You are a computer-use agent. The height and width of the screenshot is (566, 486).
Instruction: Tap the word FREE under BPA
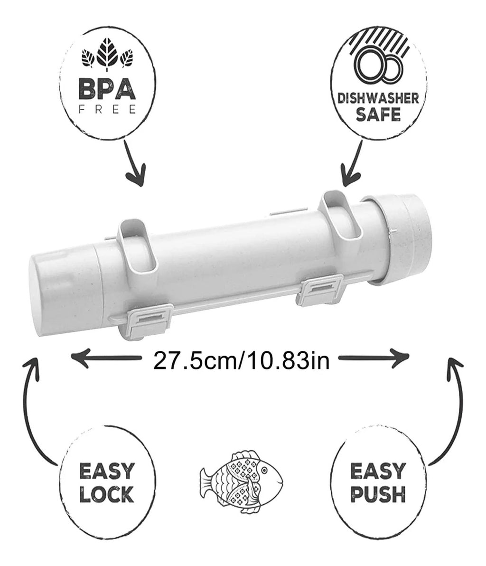point(107,109)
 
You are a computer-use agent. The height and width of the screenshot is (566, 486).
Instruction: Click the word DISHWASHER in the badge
point(378,98)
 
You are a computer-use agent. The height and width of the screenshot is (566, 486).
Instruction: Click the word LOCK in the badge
point(107,494)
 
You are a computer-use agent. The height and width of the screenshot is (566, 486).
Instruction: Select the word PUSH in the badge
point(378,494)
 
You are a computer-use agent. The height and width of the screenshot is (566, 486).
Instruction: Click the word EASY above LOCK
point(107,472)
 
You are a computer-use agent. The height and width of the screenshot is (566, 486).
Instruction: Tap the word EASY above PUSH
point(378,472)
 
